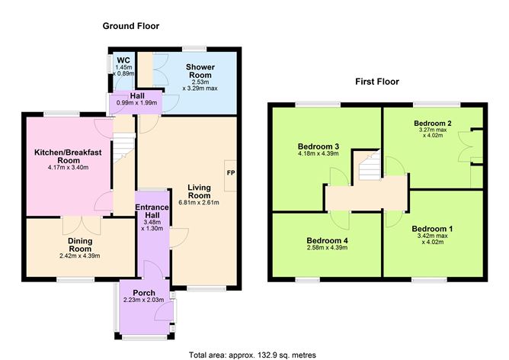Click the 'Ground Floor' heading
(130, 26)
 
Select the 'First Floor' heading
(377, 82)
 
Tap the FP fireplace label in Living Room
(230, 173)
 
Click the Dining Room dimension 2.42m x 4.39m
(80, 256)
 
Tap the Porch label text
(143, 293)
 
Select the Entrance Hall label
(153, 211)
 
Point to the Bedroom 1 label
(432, 228)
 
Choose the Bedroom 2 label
(434, 123)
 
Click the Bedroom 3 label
(319, 146)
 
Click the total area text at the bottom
(252, 355)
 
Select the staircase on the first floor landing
(367, 166)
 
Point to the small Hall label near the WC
(138, 96)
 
